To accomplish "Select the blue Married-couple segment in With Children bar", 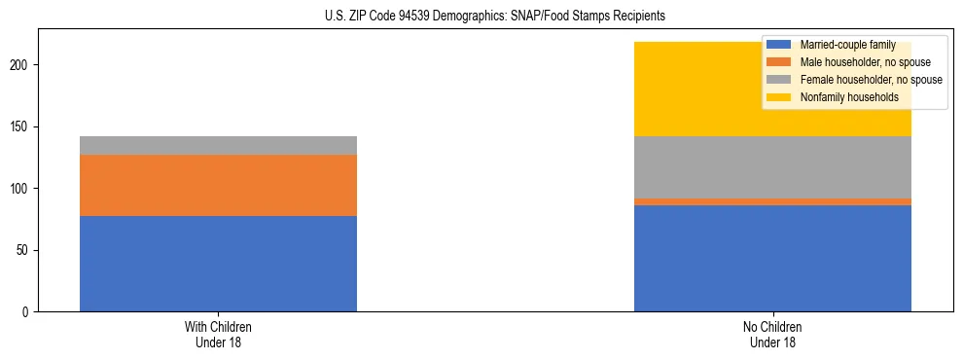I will click(218, 264).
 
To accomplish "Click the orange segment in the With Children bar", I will click(218, 185).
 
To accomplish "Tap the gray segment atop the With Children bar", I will click(218, 145).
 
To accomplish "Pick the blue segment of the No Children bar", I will click(772, 258).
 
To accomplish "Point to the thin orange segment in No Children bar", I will click(772, 201).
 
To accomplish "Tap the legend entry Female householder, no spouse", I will click(871, 80).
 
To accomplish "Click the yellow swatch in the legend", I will click(779, 97).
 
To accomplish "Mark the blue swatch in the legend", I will click(779, 45).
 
